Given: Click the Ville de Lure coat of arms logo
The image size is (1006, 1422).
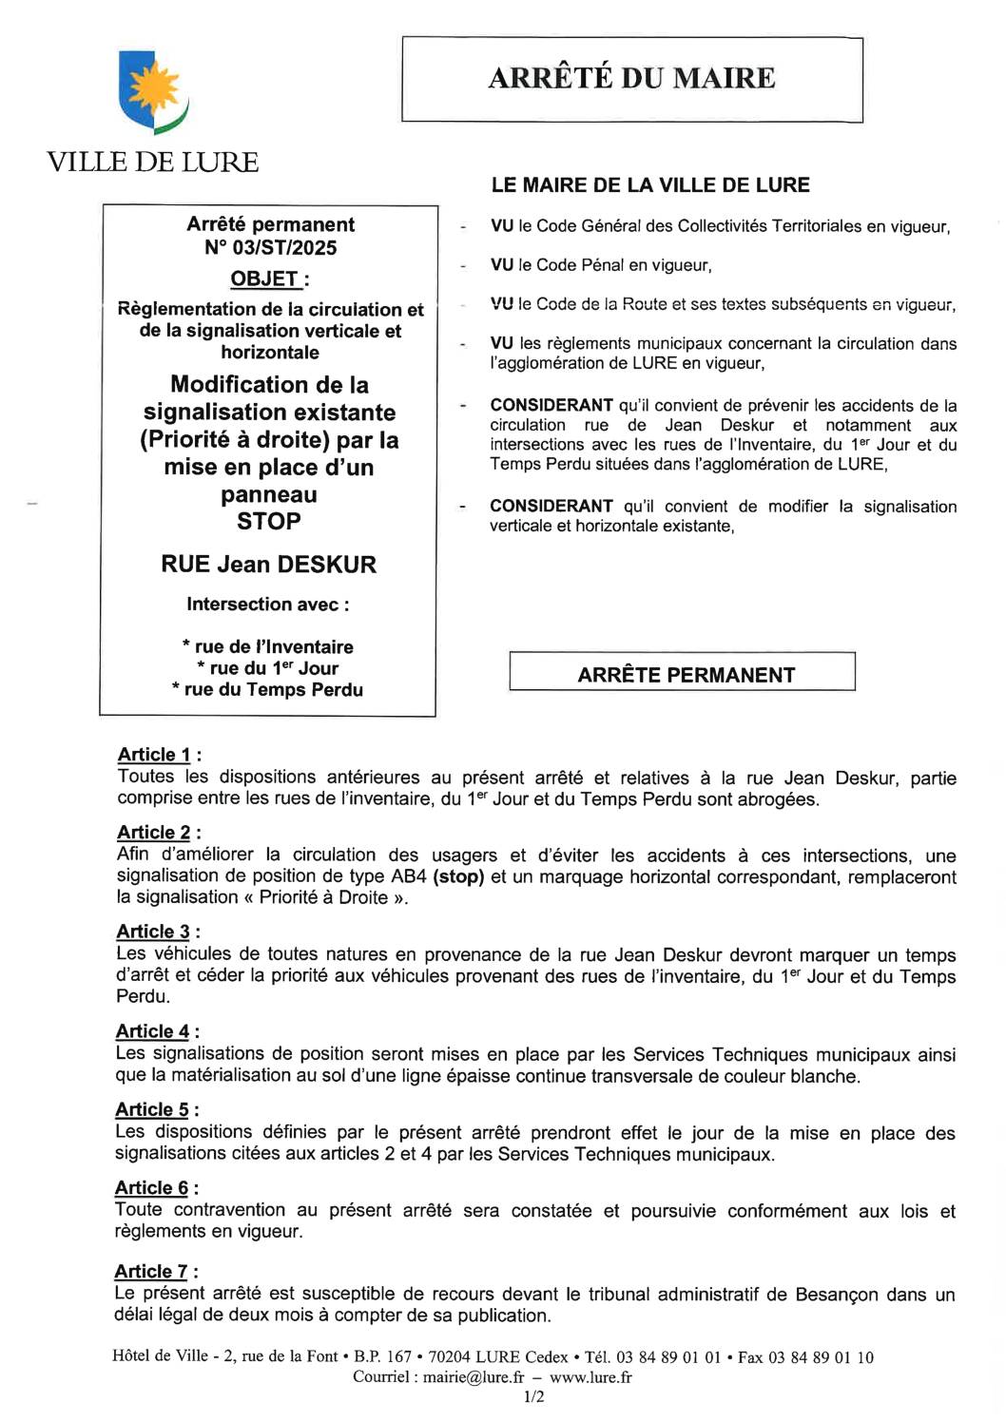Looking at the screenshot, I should (152, 92).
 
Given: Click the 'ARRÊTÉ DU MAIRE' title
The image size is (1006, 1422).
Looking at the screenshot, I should (631, 78).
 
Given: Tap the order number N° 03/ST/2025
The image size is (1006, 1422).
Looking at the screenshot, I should (270, 248).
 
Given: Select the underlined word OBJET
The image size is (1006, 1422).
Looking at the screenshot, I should (264, 279).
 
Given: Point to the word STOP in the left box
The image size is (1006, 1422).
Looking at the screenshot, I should (269, 521).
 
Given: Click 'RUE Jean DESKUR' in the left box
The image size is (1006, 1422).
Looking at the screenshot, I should (268, 564).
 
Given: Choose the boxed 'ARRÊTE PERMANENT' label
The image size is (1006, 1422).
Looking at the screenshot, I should (686, 675).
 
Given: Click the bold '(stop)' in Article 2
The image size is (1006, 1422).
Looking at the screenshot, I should (457, 876).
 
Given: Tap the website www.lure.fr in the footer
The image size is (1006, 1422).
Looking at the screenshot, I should (590, 1376).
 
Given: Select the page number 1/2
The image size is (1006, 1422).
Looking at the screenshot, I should (534, 1396).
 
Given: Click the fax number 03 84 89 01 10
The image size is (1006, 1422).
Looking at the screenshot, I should (821, 1357).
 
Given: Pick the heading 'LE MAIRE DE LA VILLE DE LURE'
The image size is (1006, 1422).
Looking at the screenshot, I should (650, 185).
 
